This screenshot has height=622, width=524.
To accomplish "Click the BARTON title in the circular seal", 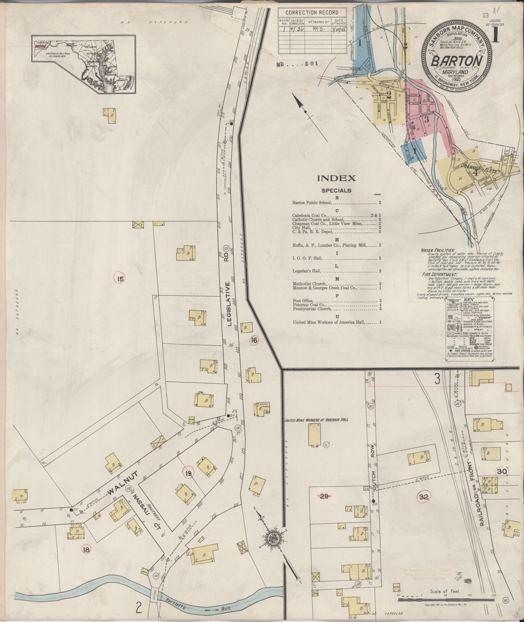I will coord(456,60).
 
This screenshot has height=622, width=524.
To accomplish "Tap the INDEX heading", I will coord(336,178).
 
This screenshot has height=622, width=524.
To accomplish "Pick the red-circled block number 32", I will coord(423,497).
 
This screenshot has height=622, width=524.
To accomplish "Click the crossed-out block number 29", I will coord(324,497).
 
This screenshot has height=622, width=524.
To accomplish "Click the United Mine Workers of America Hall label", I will coord(316,420).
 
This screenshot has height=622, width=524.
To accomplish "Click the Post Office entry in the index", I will coord(303,301).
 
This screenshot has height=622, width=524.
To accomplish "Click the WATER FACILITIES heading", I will coord(438,250).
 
